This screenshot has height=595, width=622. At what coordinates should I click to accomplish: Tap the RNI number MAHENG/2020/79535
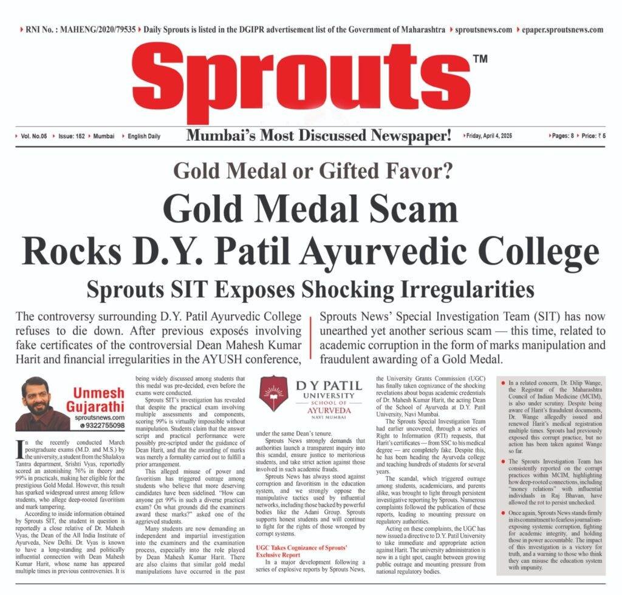tap(79, 30)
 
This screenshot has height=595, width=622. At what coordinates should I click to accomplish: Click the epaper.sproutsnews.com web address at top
tap(562, 30)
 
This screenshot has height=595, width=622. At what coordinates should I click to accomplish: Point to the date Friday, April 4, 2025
tap(489, 136)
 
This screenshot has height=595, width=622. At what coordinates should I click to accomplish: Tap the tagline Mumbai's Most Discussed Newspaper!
tap(318, 136)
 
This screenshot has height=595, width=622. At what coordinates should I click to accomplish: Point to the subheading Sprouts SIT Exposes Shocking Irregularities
tap(310, 289)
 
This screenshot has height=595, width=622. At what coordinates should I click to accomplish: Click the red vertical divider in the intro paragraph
tap(310, 340)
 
